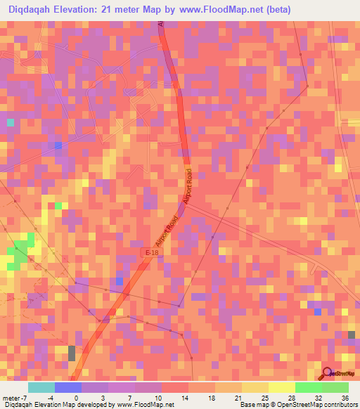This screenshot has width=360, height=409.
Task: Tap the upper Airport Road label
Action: point(188,186)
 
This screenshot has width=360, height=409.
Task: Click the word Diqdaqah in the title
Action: point(28,9)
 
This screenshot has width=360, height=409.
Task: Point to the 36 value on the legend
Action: point(345,397)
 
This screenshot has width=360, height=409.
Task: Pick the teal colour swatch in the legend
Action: point(41,387)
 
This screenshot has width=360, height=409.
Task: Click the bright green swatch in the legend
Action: point(309,387)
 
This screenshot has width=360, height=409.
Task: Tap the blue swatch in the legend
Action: point(68,387)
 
